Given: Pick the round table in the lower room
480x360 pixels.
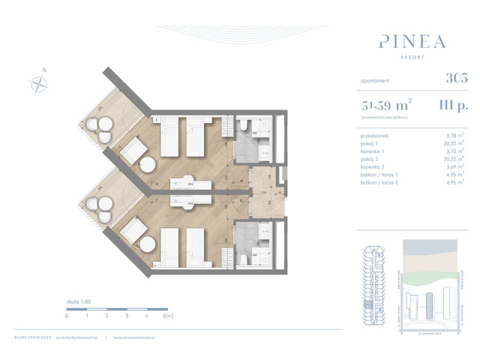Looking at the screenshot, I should (x=148, y=244).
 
